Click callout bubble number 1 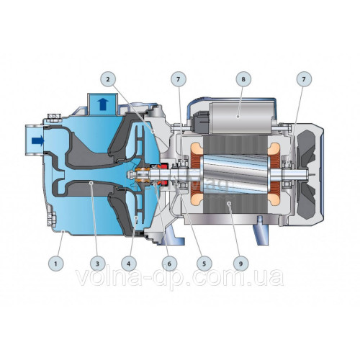pos(55,264)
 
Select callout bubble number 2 pos(108,79)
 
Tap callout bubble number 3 pos(97,264)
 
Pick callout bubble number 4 pos(129,264)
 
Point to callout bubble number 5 pos(204,264)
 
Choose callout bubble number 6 pos(169,264)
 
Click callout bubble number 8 pos(243,79)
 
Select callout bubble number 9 pos(240,264)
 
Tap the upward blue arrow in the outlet pos(103,104)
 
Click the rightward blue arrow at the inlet pos(38,141)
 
